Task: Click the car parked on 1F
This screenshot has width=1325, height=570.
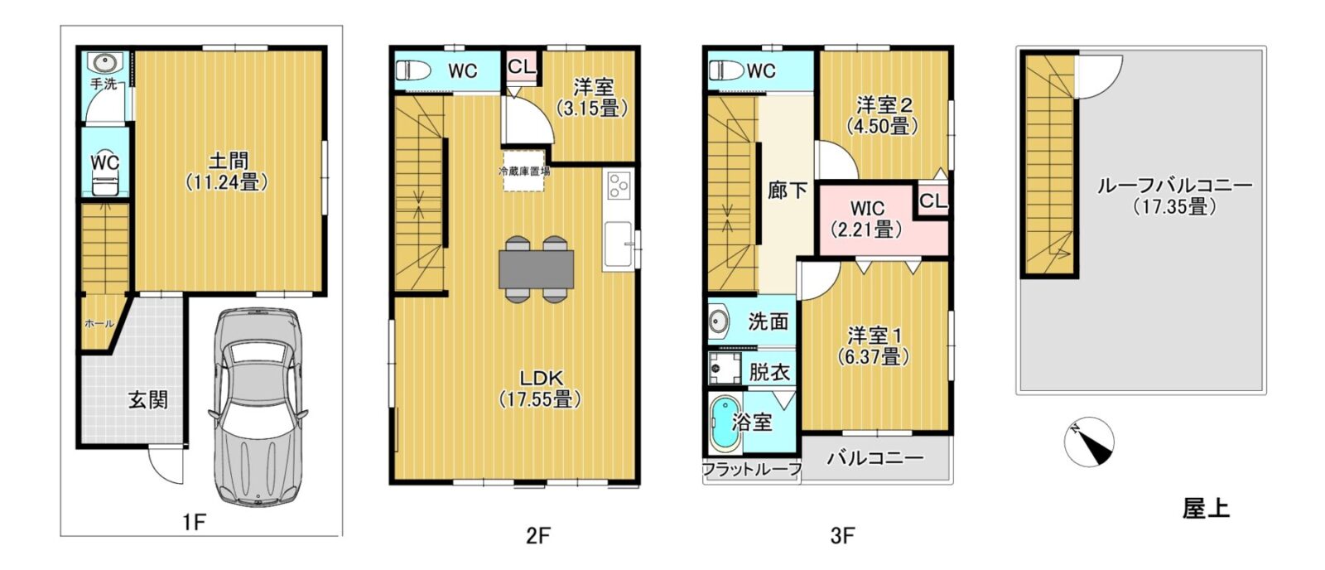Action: tap(258, 407)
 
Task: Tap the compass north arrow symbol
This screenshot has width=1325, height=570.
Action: tap(1089, 442)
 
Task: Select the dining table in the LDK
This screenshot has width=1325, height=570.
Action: tap(537, 269)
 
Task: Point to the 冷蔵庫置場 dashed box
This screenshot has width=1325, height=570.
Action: tap(524, 171)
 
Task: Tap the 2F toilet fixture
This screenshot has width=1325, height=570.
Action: tap(415, 71)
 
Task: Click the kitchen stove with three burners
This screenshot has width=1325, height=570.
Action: tap(619, 186)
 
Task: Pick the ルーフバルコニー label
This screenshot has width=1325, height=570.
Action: tap(1175, 186)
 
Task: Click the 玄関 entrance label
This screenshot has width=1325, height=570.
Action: tap(148, 400)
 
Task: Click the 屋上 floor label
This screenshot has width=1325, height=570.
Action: tap(1206, 508)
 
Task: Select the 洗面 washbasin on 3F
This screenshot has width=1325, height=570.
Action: tap(720, 321)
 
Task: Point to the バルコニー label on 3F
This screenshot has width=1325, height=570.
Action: tap(875, 458)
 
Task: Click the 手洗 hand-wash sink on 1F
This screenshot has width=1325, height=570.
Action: tap(104, 62)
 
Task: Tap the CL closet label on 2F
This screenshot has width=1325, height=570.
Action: tap(521, 66)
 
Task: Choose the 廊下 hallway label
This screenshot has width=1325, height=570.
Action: tap(788, 191)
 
